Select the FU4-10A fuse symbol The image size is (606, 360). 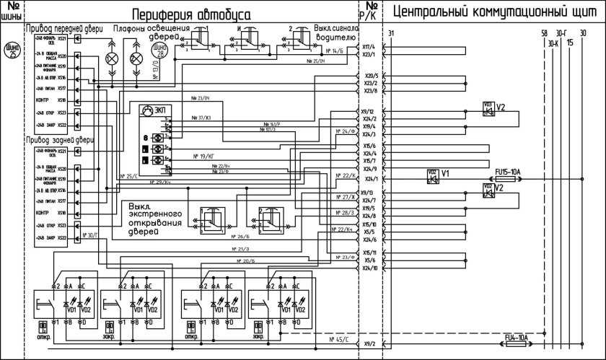[517, 344]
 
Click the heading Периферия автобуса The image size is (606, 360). [191, 14]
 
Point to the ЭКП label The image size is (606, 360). [165, 110]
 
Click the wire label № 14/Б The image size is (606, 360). [335, 51]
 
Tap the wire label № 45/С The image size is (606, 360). [338, 338]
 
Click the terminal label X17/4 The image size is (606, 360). [368, 47]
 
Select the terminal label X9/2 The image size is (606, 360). [369, 344]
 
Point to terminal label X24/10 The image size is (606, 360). [370, 268]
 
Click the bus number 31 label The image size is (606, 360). [391, 34]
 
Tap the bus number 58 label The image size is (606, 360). [544, 34]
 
